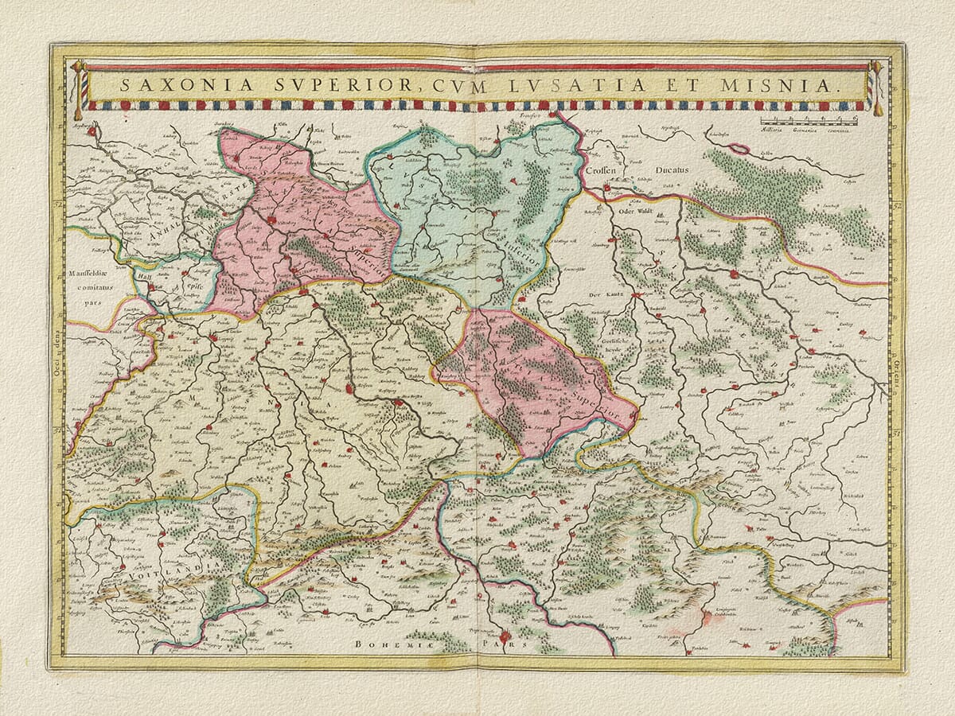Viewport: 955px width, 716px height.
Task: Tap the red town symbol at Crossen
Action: [x=607, y=189]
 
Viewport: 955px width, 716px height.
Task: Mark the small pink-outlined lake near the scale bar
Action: [x=739, y=148]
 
